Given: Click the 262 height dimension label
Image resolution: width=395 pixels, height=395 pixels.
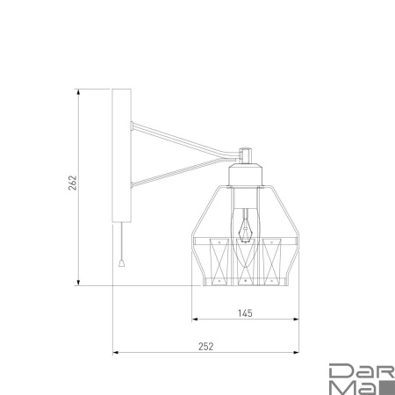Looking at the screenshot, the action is (x=72, y=183).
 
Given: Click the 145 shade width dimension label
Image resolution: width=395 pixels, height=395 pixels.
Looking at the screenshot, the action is (x=245, y=313).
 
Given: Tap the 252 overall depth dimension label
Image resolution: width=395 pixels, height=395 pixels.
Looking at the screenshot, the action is (x=206, y=347).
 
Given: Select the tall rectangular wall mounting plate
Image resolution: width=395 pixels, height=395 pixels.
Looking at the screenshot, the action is (x=122, y=155).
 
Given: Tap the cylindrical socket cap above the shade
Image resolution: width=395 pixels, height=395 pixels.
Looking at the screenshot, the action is (x=245, y=175).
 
